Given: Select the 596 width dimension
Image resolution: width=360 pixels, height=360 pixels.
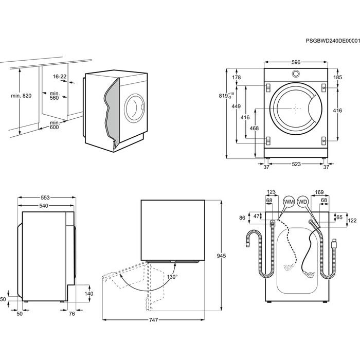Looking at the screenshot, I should (296, 62).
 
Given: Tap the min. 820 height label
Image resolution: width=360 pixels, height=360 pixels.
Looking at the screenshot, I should (21, 96).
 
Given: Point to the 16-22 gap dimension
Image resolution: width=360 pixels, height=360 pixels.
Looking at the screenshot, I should (60, 77).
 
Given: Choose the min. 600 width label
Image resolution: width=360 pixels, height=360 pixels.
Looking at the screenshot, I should (54, 125).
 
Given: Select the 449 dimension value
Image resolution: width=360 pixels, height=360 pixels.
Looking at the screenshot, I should (236, 106).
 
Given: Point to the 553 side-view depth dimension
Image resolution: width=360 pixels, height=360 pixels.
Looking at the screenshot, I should (46, 198).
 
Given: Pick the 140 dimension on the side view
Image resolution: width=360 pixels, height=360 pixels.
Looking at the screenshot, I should (88, 294).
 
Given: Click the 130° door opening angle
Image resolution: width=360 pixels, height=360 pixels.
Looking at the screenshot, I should (172, 277).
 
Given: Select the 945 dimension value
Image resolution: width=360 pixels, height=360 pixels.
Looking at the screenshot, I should (221, 256).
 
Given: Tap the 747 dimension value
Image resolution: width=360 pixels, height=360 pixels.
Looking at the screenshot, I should (153, 320).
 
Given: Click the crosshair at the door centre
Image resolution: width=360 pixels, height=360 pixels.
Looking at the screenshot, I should (296, 109).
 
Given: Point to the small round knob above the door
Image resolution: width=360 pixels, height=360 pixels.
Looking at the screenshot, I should (296, 74).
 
